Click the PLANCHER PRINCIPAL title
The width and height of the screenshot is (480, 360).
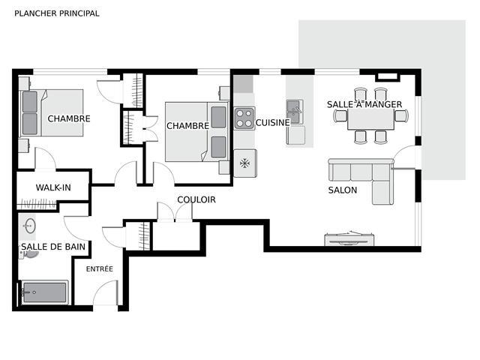pos(57,13)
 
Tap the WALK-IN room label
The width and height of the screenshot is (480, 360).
pos(53,187)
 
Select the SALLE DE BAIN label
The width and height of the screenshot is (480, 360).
pos(53,247)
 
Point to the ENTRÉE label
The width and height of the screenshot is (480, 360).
pos(100,268)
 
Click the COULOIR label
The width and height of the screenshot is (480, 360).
pos(196,199)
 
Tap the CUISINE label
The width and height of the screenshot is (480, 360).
pos(272,123)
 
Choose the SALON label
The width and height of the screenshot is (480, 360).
pos(343,190)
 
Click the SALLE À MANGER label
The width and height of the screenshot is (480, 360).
pos(364,104)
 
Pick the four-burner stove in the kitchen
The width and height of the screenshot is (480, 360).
pos(244,118)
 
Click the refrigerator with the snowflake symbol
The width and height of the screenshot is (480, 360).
pos(245,163)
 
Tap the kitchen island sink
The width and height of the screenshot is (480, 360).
pos(295,112)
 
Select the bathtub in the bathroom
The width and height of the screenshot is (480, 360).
pos(45,292)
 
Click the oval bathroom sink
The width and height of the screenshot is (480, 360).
pos(30,226)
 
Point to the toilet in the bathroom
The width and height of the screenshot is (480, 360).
pos(28,253)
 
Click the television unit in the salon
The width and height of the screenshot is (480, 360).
pos(349,239)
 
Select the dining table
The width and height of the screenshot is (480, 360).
pos(370,118)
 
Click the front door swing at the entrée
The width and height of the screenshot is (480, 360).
pos(105,292)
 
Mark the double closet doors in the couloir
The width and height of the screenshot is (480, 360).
pos(175,211)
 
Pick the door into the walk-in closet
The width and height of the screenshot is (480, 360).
pos(45,158)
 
